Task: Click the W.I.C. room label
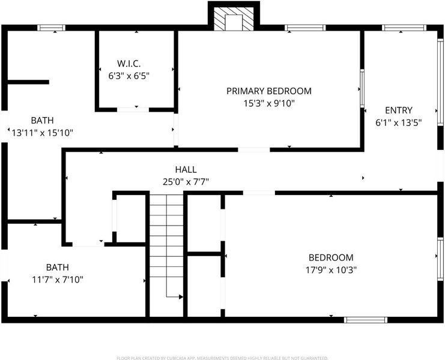(x=129, y=64)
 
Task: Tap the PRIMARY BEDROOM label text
(x=269, y=91)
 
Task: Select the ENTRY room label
(x=398, y=110)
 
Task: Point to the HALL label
(x=186, y=170)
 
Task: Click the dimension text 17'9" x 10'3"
(x=331, y=270)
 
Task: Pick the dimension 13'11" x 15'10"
(x=42, y=133)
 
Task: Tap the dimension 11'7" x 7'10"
(x=57, y=280)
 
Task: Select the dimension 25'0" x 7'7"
(x=186, y=182)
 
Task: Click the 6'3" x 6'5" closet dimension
(x=129, y=76)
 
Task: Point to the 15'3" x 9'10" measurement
(x=269, y=103)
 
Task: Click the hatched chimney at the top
(x=234, y=19)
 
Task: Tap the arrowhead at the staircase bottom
(x=181, y=297)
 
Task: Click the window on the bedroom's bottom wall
(x=366, y=320)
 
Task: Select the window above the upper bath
(x=52, y=28)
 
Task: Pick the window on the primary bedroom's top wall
(x=305, y=28)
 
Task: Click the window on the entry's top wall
(x=404, y=28)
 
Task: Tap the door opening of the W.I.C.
(x=133, y=110)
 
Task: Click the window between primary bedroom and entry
(x=362, y=88)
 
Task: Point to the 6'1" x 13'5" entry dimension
(x=398, y=123)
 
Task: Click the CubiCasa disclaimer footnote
(x=222, y=358)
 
